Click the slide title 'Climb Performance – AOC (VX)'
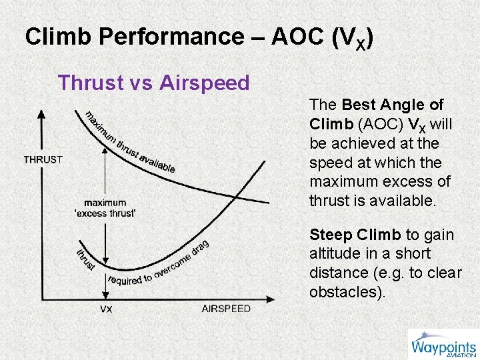[199, 37]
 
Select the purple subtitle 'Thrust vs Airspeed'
[153, 83]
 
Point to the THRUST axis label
[43, 159]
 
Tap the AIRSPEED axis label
[226, 309]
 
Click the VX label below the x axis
[106, 309]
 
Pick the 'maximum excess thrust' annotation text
[105, 208]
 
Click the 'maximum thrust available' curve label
[130, 141]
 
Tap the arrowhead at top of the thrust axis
[41, 115]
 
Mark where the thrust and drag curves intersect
[235, 195]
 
